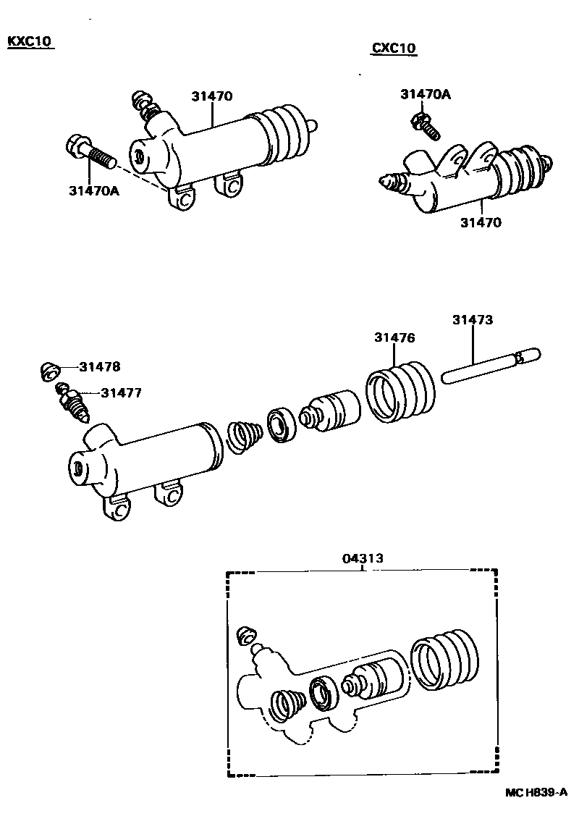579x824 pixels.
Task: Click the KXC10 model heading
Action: pos(30,41)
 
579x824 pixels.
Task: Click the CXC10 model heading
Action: pos(394,49)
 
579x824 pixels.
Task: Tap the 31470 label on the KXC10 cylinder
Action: pos(212,96)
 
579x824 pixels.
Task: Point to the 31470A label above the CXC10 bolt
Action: pos(425,93)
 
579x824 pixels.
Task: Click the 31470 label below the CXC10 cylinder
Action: pos(481,222)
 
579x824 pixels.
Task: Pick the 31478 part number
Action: pos(100,366)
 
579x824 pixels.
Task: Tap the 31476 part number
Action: pos(394,337)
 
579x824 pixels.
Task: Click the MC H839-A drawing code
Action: pos(535,793)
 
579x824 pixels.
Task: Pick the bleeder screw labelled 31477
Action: pos(72,403)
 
